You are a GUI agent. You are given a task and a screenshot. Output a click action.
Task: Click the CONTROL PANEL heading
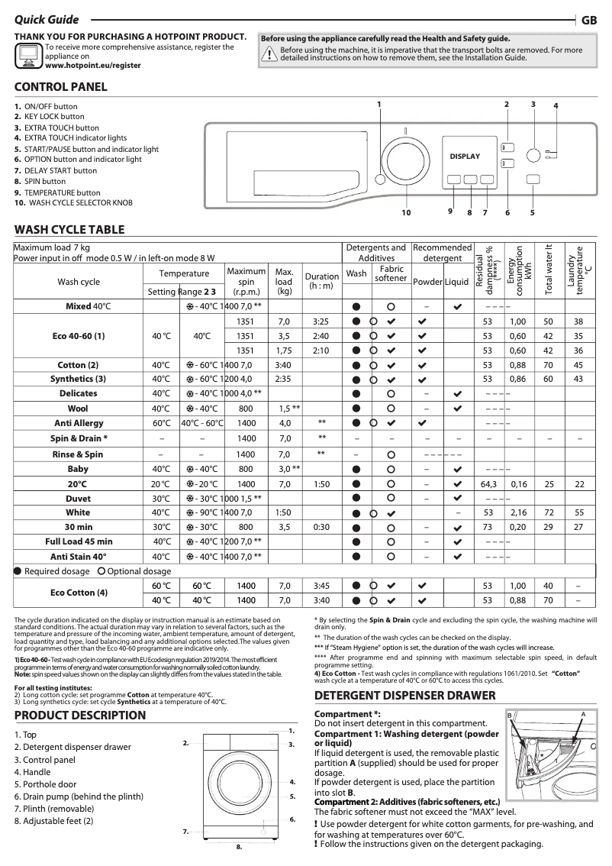[61, 87]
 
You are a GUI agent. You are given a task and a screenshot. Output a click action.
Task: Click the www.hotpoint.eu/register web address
[93, 66]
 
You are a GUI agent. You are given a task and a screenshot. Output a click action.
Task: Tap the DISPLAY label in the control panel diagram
[465, 157]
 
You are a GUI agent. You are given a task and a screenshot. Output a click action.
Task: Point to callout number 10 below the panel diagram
[406, 213]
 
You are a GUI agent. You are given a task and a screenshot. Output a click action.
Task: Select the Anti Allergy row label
[79, 422]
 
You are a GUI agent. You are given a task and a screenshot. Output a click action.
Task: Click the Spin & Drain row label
[79, 438]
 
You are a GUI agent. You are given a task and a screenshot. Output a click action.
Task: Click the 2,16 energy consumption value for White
[519, 512]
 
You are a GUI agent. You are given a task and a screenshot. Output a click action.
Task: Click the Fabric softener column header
[391, 273]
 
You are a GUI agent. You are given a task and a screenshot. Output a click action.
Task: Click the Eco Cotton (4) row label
[79, 593]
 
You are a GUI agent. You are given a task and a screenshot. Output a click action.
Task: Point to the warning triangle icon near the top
[269, 53]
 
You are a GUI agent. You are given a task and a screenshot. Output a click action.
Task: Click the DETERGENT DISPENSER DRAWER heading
[405, 696]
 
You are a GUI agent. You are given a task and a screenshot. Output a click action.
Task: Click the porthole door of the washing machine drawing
[237, 783]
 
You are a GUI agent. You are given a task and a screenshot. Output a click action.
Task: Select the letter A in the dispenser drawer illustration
[582, 713]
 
